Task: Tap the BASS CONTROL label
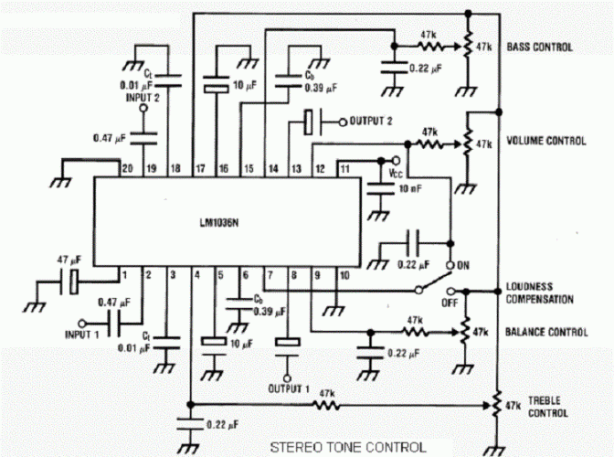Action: [540, 47]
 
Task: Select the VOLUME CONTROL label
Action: [545, 142]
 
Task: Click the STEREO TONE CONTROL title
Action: [346, 447]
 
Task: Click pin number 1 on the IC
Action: [123, 273]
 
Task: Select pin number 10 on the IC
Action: [344, 273]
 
